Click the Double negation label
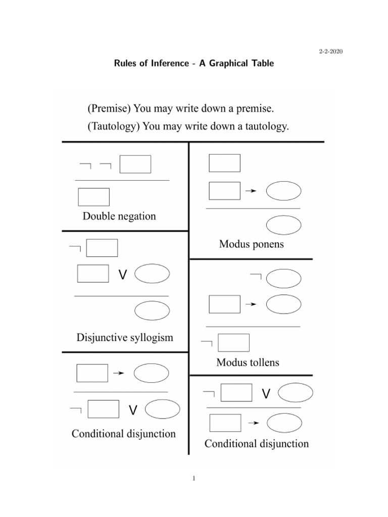[119, 217]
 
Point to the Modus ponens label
[251, 244]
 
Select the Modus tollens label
[248, 362]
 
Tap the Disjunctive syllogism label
[124, 337]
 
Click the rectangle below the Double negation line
[93, 197]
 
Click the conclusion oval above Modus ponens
[283, 225]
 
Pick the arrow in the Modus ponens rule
[251, 191]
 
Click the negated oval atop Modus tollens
[283, 278]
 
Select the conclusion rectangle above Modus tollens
[233, 343]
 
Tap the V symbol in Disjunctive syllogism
[122, 275]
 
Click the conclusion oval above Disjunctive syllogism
[152, 311]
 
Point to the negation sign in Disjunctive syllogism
[75, 248]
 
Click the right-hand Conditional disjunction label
[256, 444]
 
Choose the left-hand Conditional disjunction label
[124, 434]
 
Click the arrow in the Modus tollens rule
[251, 304]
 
